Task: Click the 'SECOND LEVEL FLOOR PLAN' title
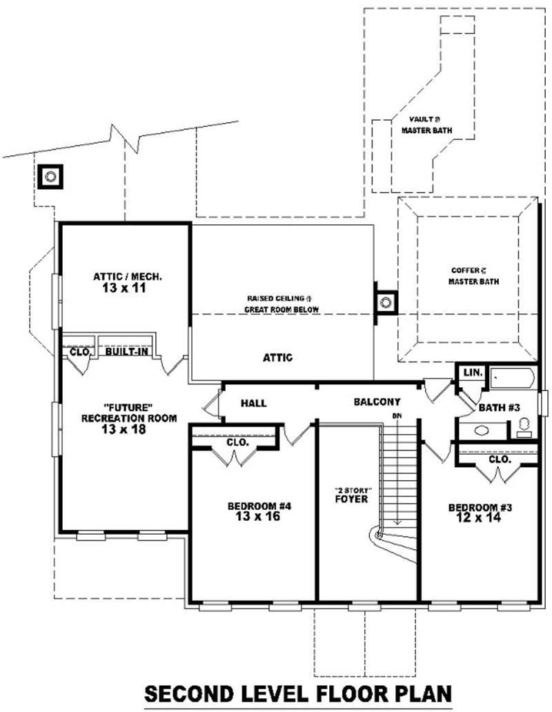(297, 692)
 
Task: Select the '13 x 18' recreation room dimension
(128, 429)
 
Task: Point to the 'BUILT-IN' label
(124, 351)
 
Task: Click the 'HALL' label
(253, 403)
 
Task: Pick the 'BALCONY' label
(377, 402)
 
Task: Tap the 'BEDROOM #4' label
(259, 506)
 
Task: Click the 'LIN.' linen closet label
(473, 373)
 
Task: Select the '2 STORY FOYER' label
(351, 495)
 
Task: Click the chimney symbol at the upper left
(50, 177)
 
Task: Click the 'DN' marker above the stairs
(397, 416)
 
